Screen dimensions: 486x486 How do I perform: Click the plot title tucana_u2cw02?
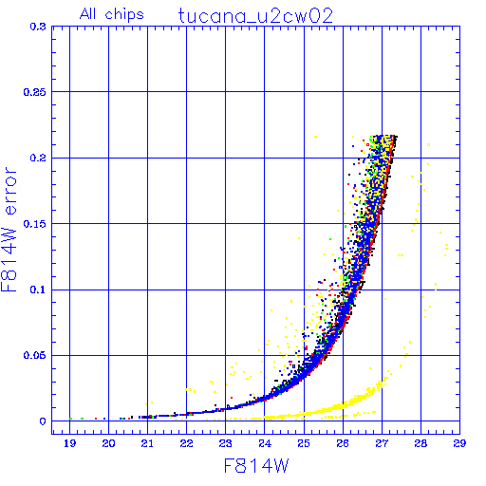[255, 16]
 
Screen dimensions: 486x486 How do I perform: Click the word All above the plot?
[87, 13]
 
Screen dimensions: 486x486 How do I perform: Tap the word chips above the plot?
[124, 15]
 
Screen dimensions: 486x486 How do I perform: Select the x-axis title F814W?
[256, 466]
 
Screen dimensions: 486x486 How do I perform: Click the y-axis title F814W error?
[9, 229]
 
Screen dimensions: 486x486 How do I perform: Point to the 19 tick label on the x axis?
[69, 443]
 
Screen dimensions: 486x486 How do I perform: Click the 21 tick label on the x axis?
[147, 443]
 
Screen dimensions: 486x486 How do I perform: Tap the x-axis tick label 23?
[226, 443]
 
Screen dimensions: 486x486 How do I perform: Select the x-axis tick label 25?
[304, 443]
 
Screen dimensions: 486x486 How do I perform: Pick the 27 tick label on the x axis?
[382, 443]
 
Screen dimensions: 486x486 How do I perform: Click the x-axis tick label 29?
[459, 443]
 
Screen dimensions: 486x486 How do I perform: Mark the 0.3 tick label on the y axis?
[38, 27]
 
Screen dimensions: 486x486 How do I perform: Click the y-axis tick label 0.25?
[35, 92]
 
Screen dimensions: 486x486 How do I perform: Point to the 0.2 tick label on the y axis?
[38, 158]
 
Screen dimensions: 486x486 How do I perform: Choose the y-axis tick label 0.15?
[35, 224]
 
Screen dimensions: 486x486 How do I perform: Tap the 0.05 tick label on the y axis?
[35, 355]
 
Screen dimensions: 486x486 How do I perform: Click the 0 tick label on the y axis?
[43, 421]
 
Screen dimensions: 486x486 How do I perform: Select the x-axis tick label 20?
[108, 443]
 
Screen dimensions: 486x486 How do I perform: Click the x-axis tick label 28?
[421, 443]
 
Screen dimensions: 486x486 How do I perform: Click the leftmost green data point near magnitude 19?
[71, 419]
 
